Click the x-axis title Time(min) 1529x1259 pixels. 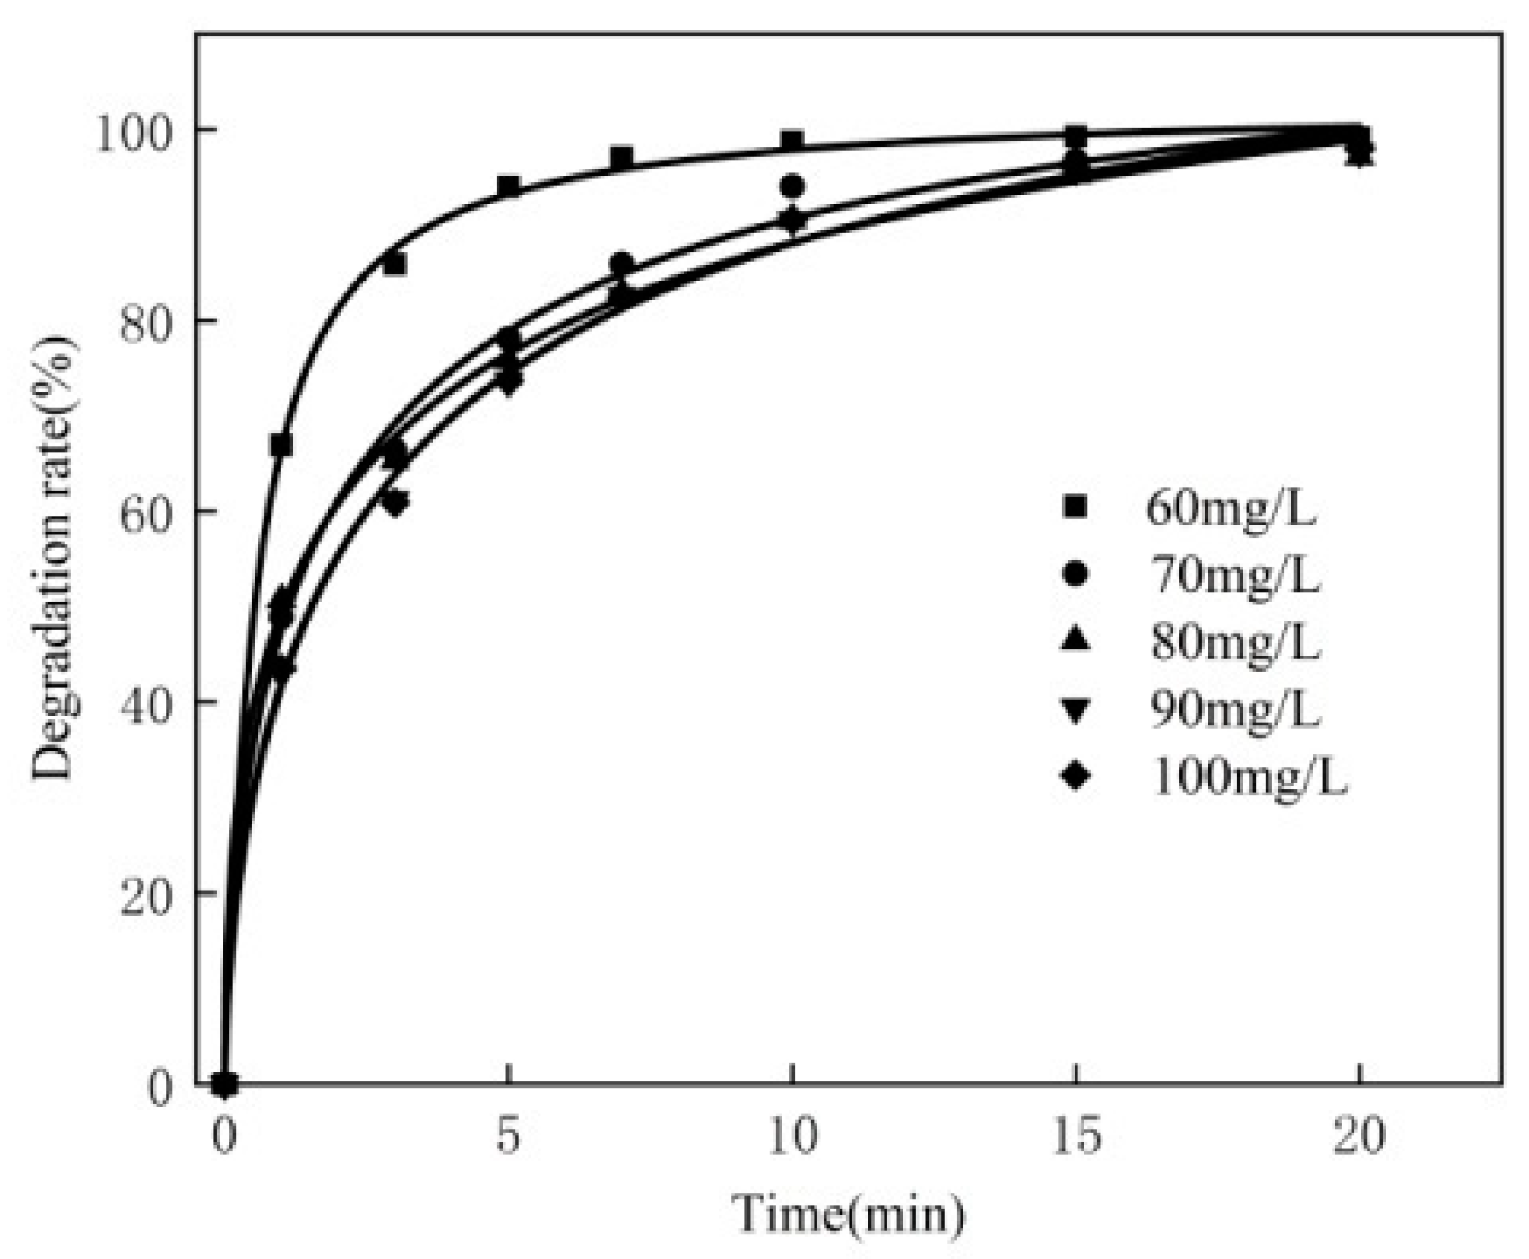click(851, 1214)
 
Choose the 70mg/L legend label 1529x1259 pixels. click(1234, 577)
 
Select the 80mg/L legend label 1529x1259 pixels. click(1234, 643)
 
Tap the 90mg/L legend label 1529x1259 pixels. click(1234, 710)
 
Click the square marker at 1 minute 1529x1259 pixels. click(281, 445)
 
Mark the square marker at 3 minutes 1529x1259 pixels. click(394, 265)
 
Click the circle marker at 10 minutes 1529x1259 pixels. click(791, 187)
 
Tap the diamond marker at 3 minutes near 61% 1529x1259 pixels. click(395, 501)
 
